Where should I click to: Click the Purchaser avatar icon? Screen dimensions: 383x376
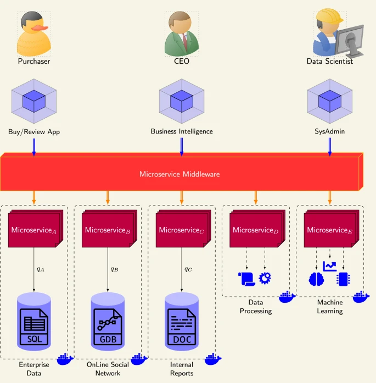click(34, 33)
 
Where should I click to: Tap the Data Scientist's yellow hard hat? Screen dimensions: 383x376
click(329, 17)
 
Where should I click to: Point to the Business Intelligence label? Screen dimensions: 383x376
click(182, 131)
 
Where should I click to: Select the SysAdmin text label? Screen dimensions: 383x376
click(329, 131)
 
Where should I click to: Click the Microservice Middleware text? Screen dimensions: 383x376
click(179, 174)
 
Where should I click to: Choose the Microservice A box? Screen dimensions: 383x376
click(34, 230)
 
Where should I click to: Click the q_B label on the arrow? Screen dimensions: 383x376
click(114, 269)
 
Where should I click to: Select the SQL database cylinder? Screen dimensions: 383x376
click(34, 322)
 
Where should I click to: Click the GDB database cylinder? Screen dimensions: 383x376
click(108, 322)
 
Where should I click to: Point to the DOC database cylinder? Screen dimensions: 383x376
click(182, 322)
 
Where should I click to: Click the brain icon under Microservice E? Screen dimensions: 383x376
click(317, 279)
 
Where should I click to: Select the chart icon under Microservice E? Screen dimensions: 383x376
click(330, 267)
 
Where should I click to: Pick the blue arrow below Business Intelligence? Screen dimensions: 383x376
click(182, 146)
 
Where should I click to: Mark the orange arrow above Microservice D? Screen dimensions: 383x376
click(256, 197)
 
